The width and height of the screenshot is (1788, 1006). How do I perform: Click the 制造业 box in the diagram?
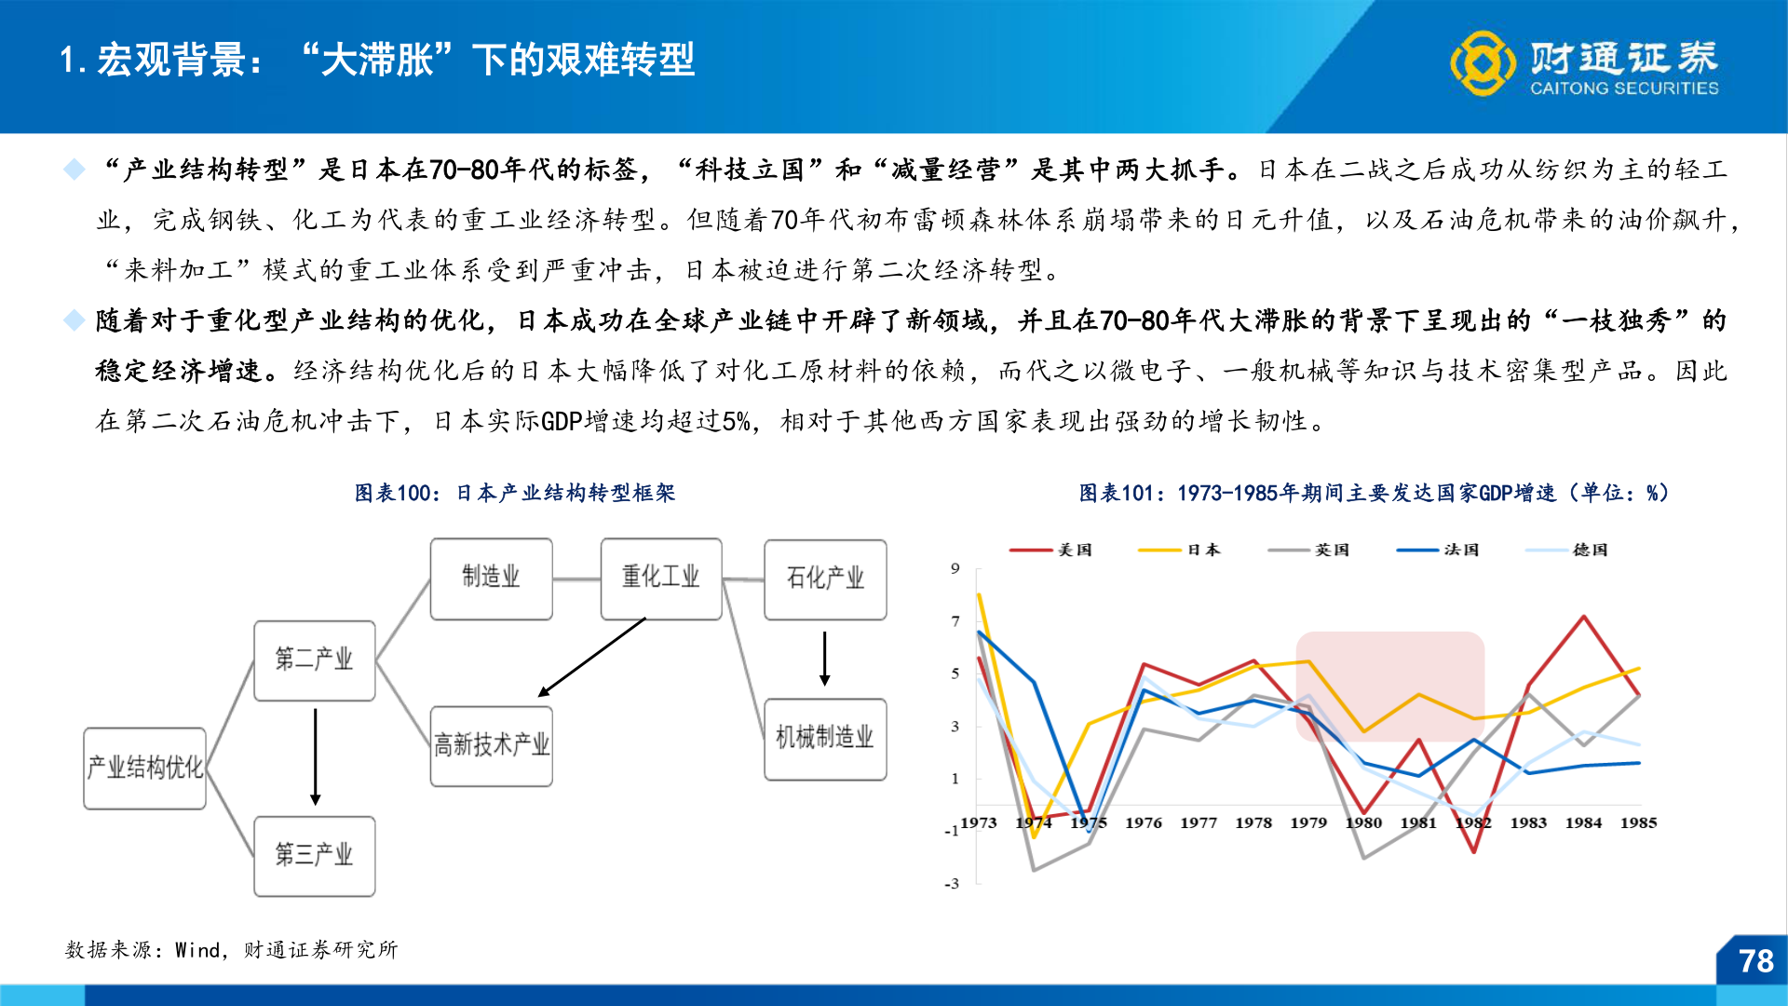(491, 578)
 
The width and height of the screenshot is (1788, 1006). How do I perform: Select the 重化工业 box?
(660, 578)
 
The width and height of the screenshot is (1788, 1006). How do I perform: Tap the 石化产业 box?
(825, 579)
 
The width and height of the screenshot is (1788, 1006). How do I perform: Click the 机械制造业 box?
(825, 739)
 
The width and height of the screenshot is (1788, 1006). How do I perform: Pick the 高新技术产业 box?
(491, 746)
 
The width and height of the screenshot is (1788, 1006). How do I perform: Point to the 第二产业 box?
(315, 660)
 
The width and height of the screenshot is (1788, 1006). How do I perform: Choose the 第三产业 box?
(315, 856)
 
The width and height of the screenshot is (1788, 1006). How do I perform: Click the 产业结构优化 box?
(144, 768)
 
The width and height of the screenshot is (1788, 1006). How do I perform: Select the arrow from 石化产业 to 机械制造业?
(824, 659)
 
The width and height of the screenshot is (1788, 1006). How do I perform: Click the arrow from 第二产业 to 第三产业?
(316, 756)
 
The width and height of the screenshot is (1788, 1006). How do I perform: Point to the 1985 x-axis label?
(1638, 823)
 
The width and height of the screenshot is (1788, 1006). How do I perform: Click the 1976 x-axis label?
(1143, 823)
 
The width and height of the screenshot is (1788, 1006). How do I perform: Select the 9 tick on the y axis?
(955, 568)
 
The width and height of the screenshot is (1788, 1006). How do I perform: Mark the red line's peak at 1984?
(1583, 617)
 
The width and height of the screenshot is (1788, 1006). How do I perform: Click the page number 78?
(1755, 961)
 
